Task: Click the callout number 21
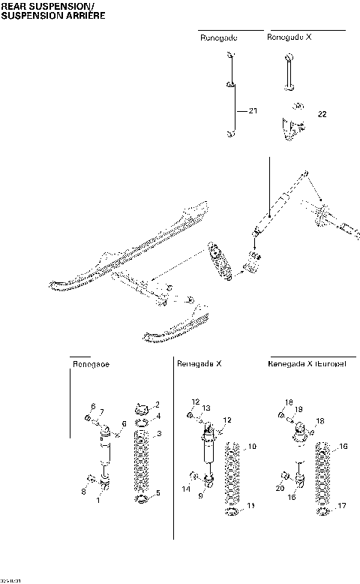pos(253,111)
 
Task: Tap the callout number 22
pos(322,114)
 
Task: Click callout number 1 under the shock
pos(97,500)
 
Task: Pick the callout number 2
pos(157,405)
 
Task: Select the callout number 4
pos(157,416)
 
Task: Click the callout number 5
pos(157,494)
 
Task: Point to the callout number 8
pos(83,492)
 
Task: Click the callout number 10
pos(252,447)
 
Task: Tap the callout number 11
pos(251,506)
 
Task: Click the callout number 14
pos(185,489)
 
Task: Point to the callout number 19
pos(298,409)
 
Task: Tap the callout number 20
pos(278,488)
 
